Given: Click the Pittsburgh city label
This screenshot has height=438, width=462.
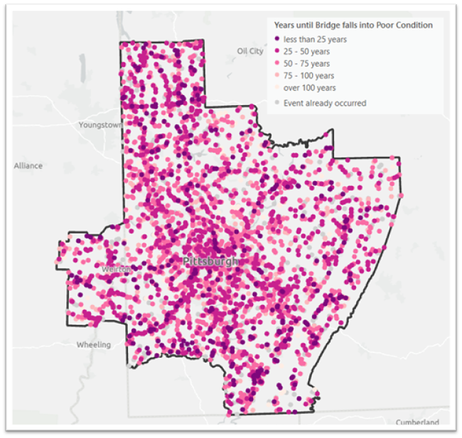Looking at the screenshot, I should coord(211,261).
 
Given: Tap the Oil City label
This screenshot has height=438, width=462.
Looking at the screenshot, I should coord(250,51).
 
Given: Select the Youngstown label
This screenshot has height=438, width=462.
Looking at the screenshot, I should coord(101,125).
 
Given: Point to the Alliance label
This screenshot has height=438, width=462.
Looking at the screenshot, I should coord(28,165).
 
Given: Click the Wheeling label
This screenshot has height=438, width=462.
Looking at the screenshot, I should coord(94,345).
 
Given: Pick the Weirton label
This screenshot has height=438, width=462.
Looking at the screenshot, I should coord(115,270).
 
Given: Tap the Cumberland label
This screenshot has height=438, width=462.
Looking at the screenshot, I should coord(418,422).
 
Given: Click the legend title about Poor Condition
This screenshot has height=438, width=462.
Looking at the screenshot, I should coord(353,25).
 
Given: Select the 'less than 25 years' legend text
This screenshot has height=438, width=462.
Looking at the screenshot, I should coord(315,40).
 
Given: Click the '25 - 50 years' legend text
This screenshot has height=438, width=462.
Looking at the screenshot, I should coord(306,52).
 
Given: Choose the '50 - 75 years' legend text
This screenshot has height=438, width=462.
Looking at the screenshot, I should coord(306,64).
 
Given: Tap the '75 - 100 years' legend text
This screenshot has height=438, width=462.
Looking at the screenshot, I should coord(308,76).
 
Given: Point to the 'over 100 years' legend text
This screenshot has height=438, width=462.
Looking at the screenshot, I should coord(310,88).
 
